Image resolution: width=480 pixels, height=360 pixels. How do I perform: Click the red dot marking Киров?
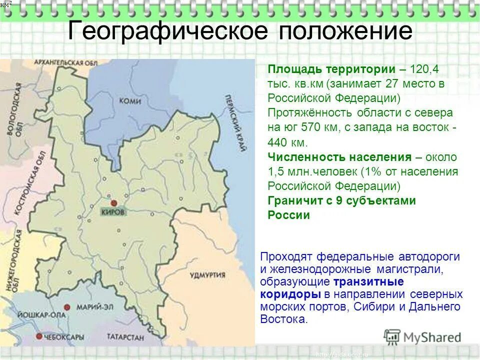pyautogui.click(x=114, y=203)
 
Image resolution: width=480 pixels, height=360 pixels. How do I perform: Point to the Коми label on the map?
pyautogui.click(x=130, y=101)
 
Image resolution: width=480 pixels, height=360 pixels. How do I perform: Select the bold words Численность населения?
pyautogui.click(x=339, y=157)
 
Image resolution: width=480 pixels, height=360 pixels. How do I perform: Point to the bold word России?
pyautogui.click(x=289, y=215)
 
